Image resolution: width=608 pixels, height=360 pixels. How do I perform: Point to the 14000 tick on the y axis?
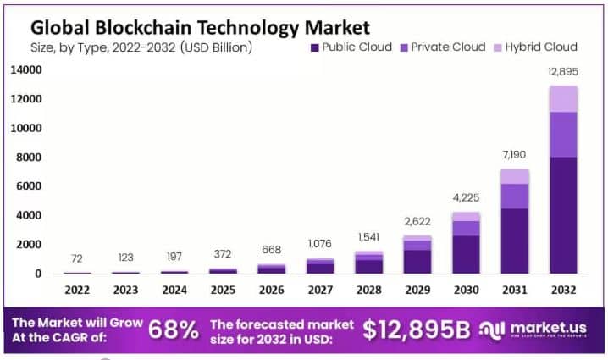[25, 70]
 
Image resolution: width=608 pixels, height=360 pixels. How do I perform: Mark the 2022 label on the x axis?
[76, 290]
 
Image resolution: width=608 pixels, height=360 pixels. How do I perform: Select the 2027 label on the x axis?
[320, 290]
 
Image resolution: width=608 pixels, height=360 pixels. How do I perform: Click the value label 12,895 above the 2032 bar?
[563, 71]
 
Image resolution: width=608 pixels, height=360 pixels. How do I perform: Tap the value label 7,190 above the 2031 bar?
[514, 154]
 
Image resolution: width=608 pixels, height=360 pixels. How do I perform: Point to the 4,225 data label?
[466, 197]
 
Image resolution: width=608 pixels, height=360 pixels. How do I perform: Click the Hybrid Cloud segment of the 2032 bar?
[563, 99]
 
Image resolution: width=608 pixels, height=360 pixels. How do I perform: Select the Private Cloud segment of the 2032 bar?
[563, 134]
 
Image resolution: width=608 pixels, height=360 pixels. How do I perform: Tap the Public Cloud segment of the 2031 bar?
[514, 241]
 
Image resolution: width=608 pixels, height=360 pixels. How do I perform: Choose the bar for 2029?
[417, 254]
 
